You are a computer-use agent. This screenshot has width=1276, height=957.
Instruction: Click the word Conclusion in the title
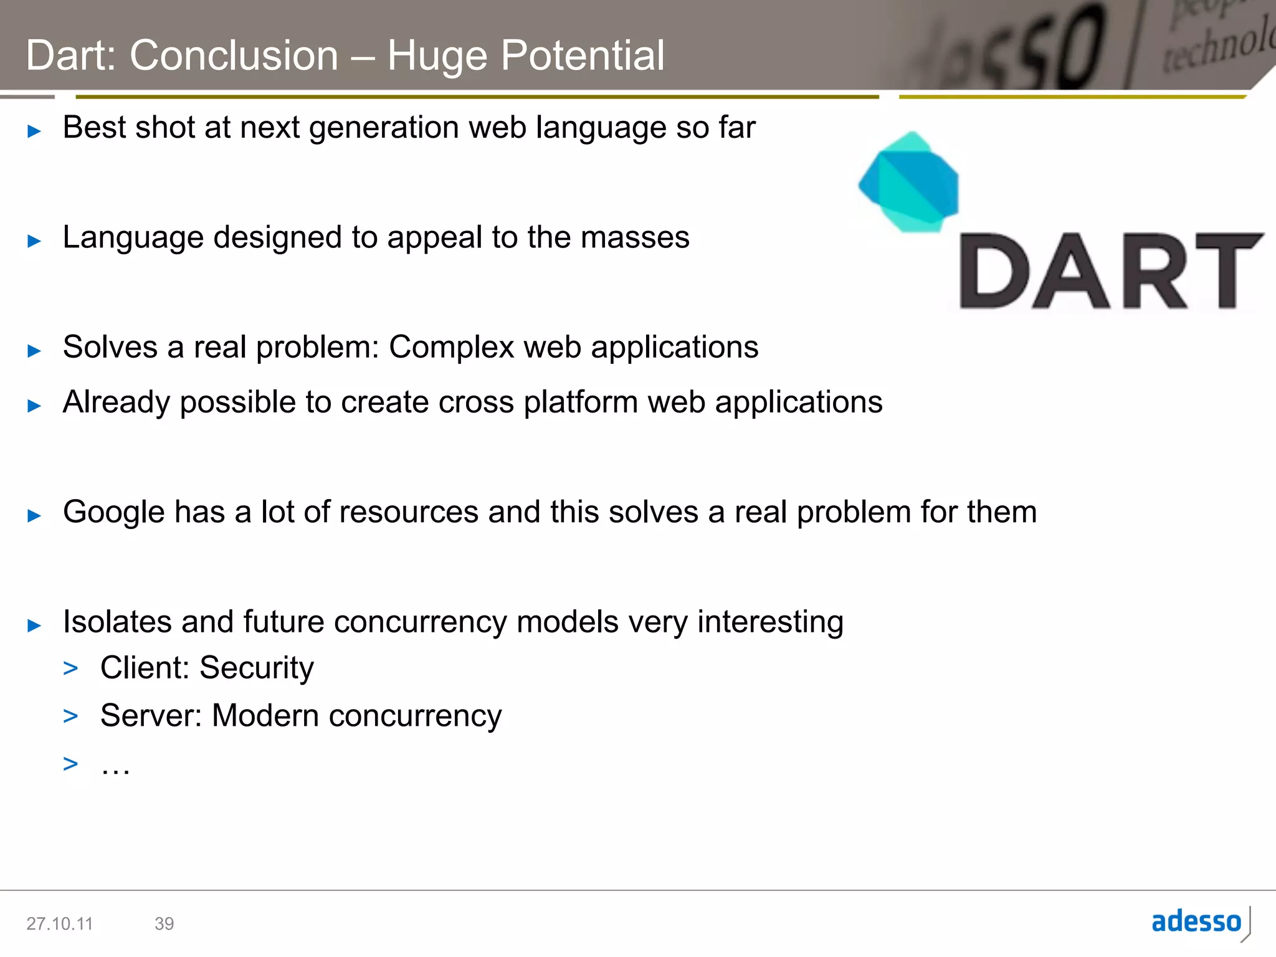pos(234,56)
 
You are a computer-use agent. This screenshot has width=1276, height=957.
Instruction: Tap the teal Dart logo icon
pos(909,182)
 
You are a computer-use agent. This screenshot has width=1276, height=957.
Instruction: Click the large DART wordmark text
pos(1110,272)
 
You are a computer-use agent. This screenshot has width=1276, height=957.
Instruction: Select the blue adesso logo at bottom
pos(1196,921)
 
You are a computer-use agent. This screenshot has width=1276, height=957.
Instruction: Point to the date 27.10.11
pos(59,923)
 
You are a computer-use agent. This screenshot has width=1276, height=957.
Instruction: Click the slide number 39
pos(164,923)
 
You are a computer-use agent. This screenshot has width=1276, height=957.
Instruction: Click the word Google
pos(113,513)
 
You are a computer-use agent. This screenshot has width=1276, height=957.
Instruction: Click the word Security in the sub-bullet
pos(257,669)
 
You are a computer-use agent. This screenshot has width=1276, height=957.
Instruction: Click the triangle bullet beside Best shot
pos(34,131)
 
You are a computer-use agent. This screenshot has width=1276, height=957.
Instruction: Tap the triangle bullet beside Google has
pos(34,515)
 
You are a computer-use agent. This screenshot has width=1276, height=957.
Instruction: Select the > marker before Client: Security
pos(70,669)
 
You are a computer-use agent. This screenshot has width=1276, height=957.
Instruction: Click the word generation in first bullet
pos(384,128)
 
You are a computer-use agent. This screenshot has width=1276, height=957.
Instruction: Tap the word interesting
pos(770,622)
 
